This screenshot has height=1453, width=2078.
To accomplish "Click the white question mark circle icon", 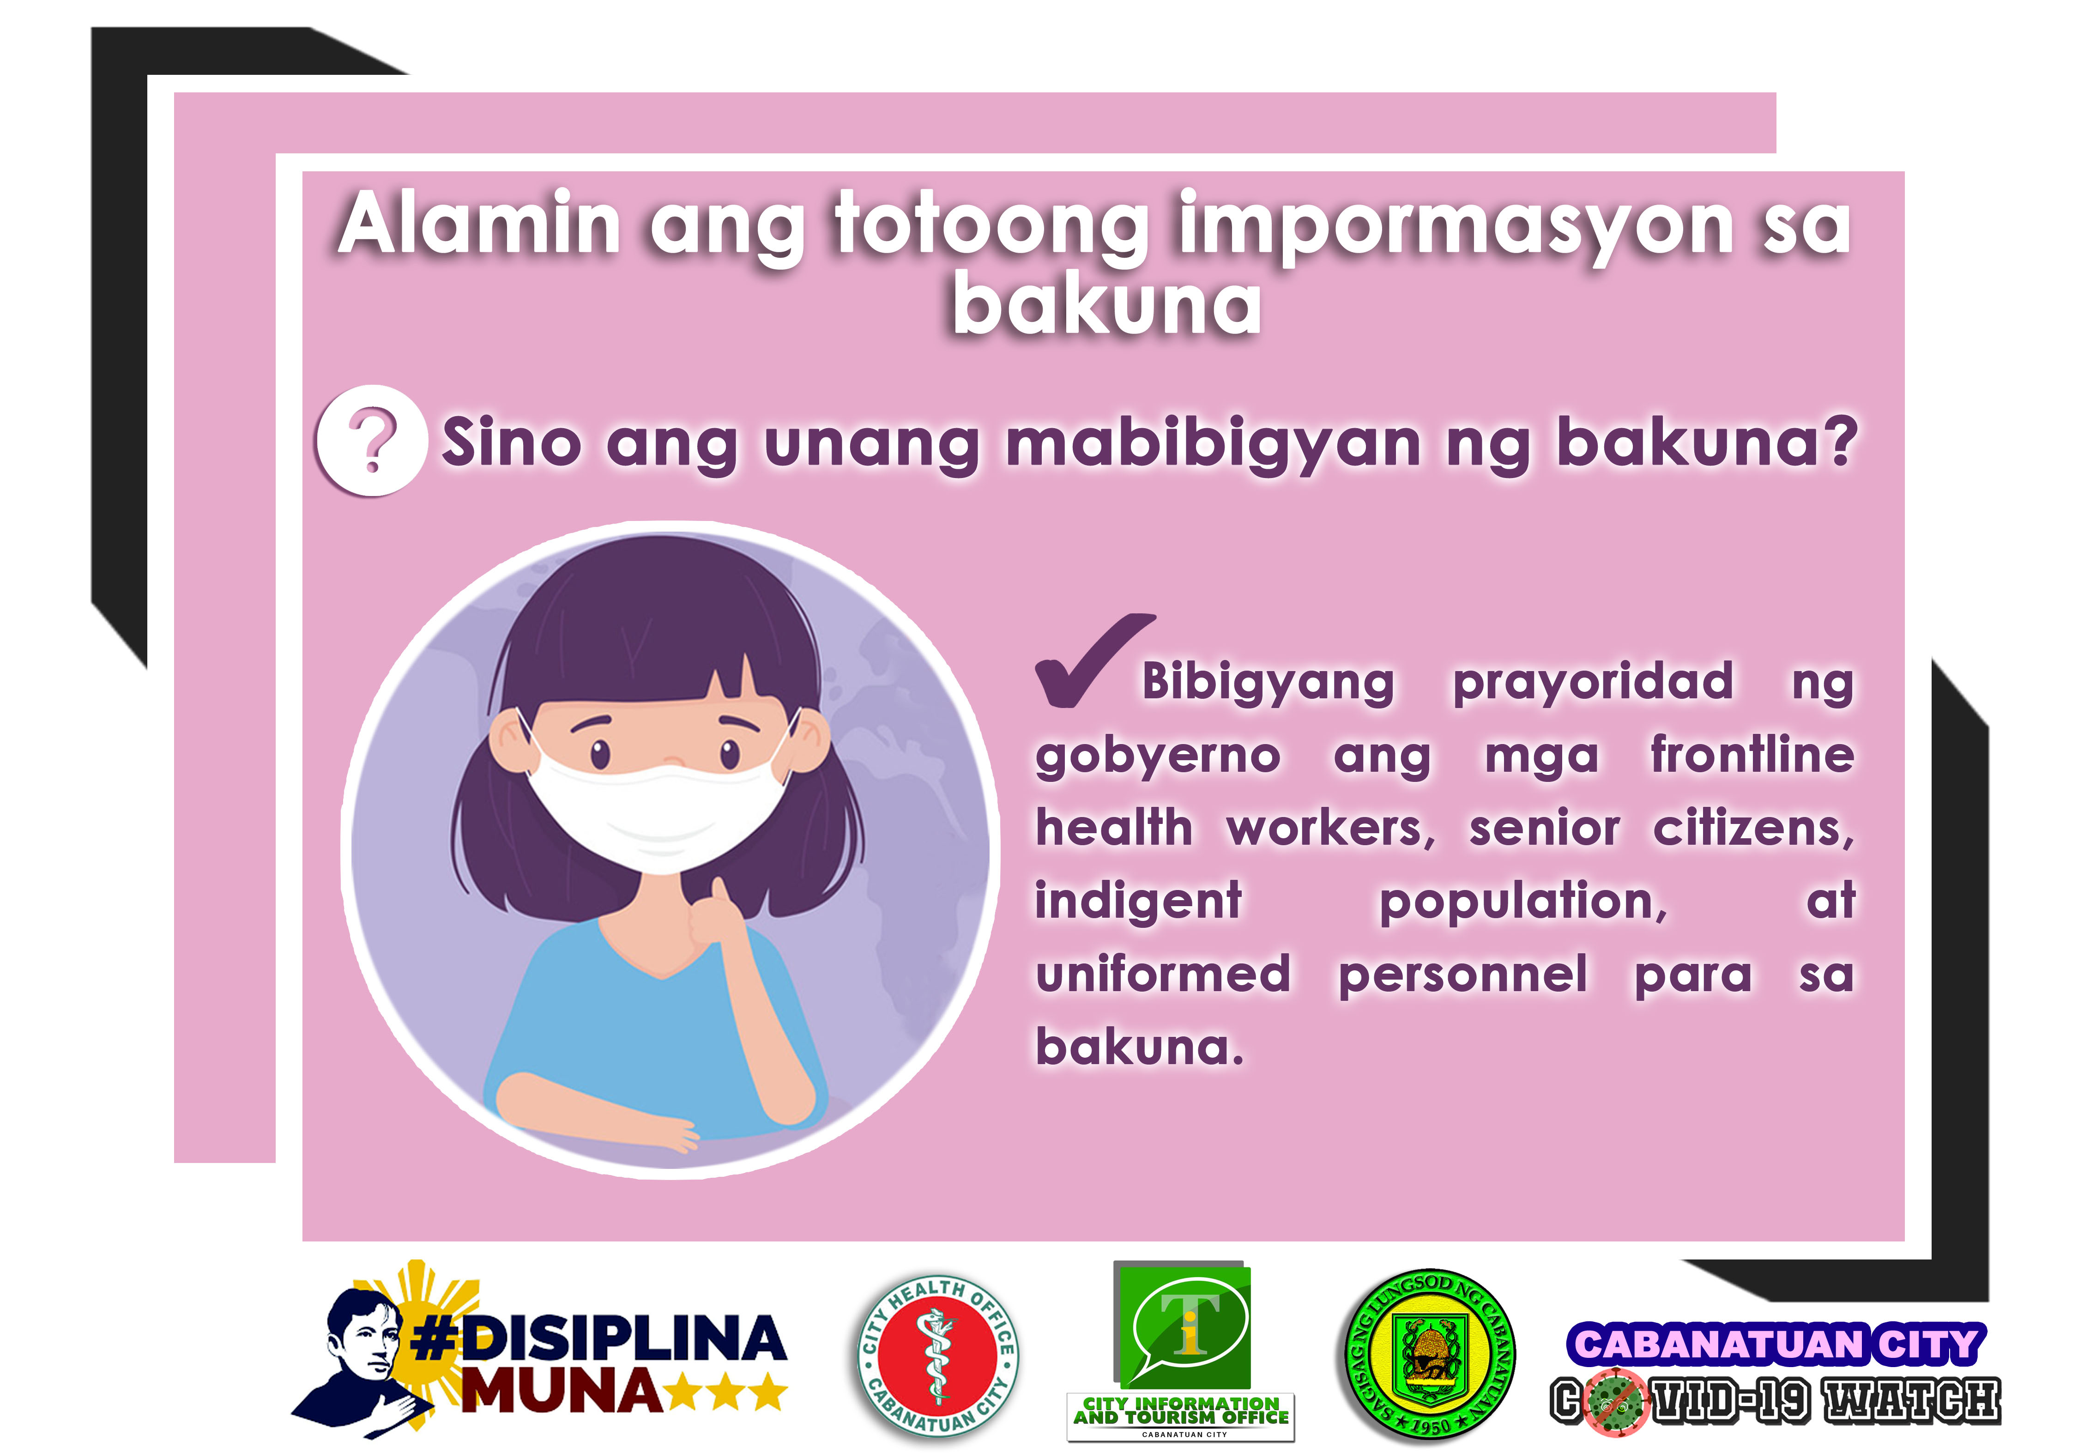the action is (x=371, y=441).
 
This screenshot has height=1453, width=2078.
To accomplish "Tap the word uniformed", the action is (x=1163, y=974).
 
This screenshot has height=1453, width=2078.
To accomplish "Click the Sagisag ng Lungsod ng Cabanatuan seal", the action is (x=1428, y=1355).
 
